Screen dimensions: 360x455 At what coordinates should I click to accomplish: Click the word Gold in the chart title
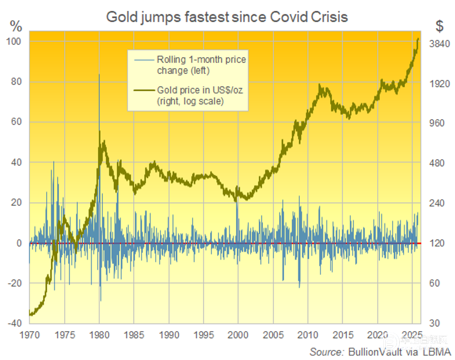click(x=120, y=17)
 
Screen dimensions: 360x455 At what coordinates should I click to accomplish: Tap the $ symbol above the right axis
click(x=439, y=27)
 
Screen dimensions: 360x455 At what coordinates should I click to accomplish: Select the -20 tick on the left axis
click(x=15, y=283)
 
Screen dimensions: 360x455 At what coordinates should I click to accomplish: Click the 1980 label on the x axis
click(x=99, y=334)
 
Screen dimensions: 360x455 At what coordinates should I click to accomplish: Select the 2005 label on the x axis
click(x=273, y=334)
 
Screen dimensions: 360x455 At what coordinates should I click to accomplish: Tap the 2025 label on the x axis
click(x=412, y=334)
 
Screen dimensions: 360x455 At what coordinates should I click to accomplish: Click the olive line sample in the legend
click(x=143, y=90)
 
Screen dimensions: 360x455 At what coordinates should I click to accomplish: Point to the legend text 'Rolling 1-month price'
click(x=202, y=60)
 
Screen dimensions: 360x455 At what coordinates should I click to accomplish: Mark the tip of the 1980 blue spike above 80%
click(x=99, y=74)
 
